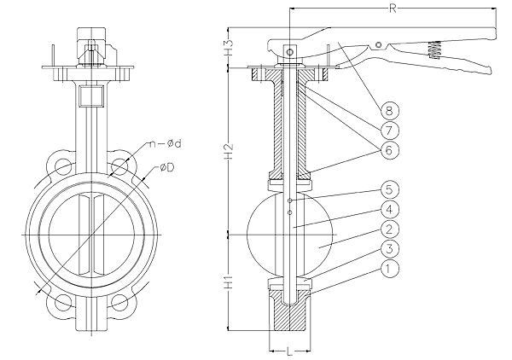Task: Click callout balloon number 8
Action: [389, 110]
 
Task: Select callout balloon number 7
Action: [389, 131]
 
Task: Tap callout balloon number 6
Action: [389, 150]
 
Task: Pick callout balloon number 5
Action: [389, 189]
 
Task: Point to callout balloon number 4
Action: [389, 209]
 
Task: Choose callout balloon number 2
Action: [389, 229]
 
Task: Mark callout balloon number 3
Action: [389, 249]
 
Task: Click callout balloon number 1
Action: [389, 269]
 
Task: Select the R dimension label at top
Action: [393, 9]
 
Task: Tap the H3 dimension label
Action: [230, 47]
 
